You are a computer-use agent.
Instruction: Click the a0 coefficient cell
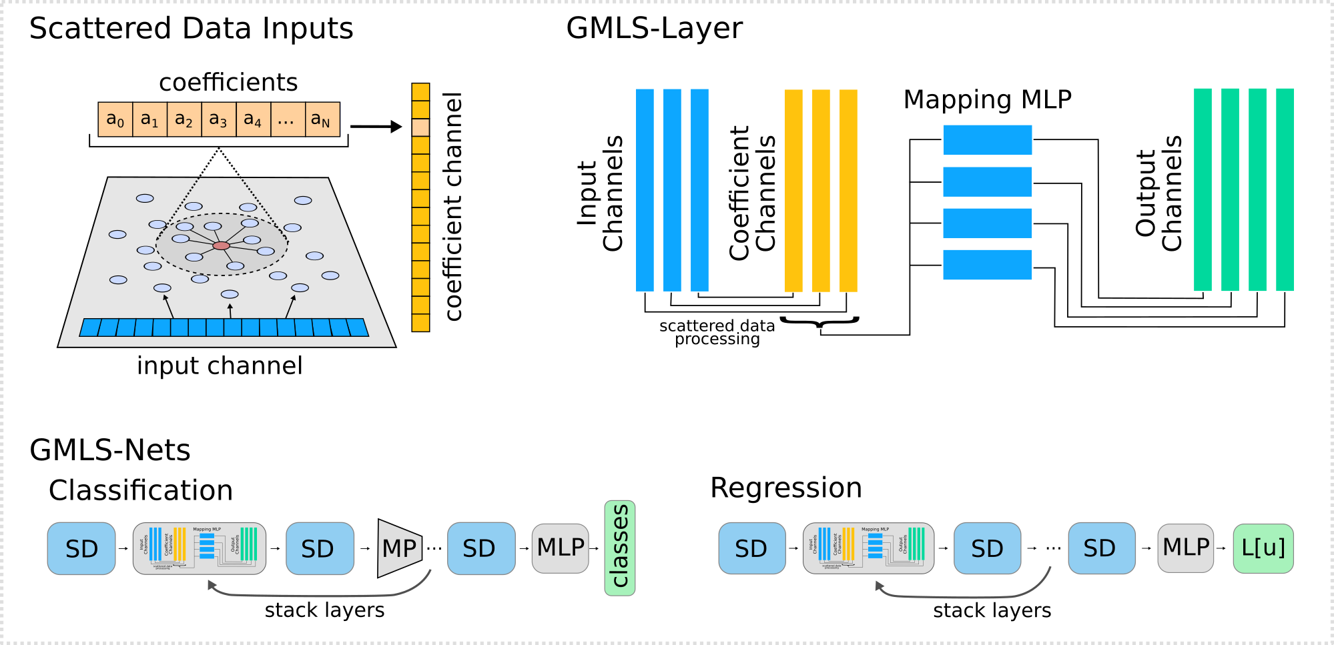(115, 119)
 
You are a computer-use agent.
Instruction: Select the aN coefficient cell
(322, 119)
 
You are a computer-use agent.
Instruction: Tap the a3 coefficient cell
(218, 119)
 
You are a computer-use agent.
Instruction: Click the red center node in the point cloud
(221, 246)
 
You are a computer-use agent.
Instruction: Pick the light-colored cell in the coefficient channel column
(420, 127)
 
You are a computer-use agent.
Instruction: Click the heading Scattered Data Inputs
(191, 29)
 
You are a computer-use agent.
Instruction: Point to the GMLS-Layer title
(654, 29)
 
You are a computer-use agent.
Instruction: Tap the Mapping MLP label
(987, 99)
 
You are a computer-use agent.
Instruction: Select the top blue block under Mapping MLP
(987, 140)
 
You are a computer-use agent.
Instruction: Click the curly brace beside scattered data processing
(819, 323)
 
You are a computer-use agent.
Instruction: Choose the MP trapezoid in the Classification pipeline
(400, 548)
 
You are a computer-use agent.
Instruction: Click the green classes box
(620, 548)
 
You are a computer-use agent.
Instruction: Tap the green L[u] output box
(1263, 548)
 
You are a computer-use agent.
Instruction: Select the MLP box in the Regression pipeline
(1185, 548)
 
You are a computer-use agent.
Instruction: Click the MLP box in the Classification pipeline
(560, 548)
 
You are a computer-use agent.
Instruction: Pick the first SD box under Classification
(81, 548)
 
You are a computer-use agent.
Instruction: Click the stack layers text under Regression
(992, 610)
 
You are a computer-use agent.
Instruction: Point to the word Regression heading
(785, 488)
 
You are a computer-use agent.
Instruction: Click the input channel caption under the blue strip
(220, 366)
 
